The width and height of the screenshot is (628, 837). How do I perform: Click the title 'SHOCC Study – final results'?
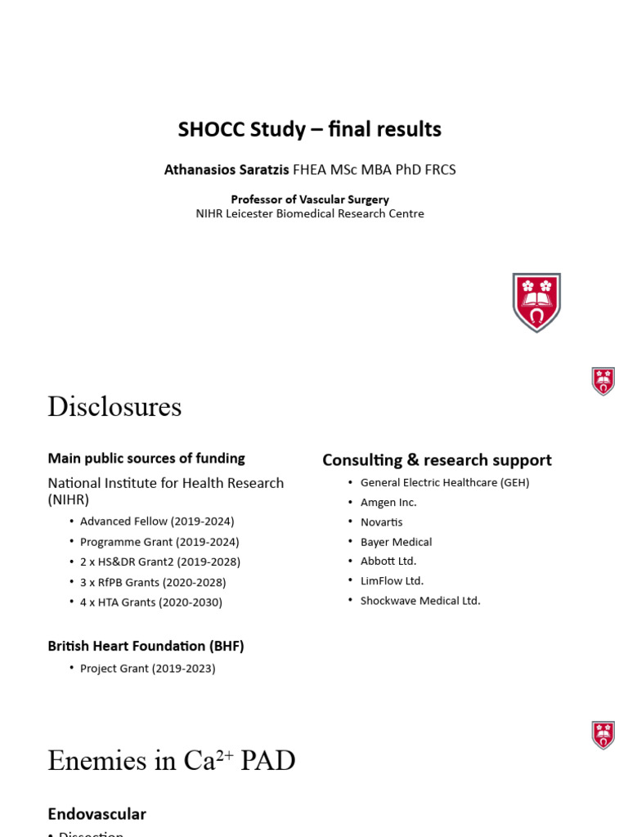(310, 129)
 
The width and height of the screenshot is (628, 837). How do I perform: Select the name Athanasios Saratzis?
(227, 170)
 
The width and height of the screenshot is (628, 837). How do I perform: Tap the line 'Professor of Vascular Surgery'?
(310, 199)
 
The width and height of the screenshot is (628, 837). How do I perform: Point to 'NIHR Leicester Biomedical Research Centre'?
(310, 213)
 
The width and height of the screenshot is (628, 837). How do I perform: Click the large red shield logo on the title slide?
(536, 302)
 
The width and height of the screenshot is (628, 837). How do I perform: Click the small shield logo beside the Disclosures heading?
(603, 381)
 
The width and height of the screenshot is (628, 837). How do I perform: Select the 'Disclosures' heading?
(114, 406)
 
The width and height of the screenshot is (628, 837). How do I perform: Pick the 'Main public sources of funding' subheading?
(146, 459)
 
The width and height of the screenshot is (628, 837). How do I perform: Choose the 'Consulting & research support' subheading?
(437, 460)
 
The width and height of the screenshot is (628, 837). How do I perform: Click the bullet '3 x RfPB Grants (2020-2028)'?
(153, 582)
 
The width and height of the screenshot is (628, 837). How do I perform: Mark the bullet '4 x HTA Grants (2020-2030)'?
(151, 602)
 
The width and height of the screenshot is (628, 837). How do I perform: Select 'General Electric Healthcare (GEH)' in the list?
(445, 483)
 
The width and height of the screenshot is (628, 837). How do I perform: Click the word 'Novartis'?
(381, 522)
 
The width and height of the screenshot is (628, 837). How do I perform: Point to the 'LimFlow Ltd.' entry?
(392, 581)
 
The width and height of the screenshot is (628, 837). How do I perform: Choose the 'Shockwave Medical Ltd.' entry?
(420, 601)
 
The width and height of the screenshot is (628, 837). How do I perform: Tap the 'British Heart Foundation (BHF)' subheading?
(146, 646)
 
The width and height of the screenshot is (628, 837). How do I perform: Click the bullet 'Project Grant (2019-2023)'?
(148, 669)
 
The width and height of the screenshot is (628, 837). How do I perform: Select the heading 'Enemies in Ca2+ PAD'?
(171, 761)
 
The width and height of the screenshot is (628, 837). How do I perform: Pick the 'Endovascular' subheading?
(96, 814)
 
